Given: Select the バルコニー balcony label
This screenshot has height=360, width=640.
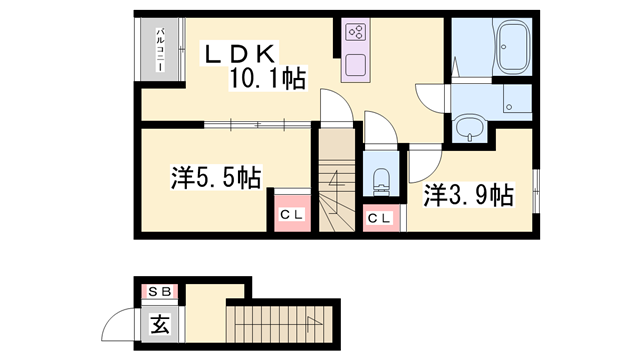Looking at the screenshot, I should pos(160,51).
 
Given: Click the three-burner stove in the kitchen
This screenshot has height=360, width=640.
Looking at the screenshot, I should pos(355,31).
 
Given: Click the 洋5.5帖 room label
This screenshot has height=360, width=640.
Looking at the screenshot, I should pos(215,179).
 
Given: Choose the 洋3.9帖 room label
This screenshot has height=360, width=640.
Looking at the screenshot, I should pos(468,194).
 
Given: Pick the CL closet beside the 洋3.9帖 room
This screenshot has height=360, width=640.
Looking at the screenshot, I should pos(379,218).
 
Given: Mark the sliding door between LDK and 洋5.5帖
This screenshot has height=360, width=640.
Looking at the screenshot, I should pos(255,124).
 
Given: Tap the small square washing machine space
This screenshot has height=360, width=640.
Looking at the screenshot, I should pos(515,100).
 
